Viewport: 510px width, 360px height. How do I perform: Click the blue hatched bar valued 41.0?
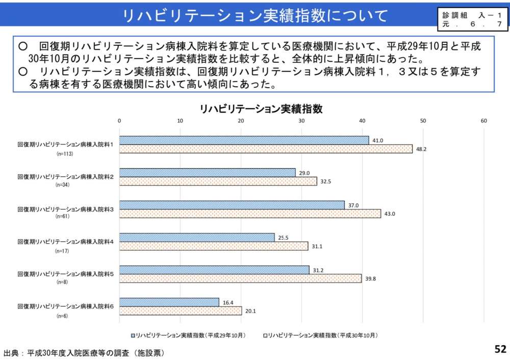[x=244, y=140]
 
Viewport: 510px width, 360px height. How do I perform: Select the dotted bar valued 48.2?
[x=266, y=149]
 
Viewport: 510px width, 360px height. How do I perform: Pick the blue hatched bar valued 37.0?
[x=232, y=205]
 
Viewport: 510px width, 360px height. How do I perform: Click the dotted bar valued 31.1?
[x=214, y=246]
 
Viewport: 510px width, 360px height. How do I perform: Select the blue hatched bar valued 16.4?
[x=169, y=302]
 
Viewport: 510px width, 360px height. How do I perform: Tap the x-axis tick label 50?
[x=423, y=121]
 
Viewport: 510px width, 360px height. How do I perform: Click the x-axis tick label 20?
[x=241, y=121]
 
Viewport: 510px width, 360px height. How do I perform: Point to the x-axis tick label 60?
[x=483, y=121]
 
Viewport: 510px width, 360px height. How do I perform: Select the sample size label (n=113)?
[x=65, y=153]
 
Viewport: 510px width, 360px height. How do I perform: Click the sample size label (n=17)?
[x=63, y=251]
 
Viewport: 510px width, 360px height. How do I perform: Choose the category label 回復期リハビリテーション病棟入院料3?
[x=65, y=210]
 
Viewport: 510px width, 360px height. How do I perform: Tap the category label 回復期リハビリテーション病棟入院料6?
[x=65, y=307]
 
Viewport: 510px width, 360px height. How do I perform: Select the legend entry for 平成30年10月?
[x=320, y=336]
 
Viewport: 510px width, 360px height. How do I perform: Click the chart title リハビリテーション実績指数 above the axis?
[x=261, y=109]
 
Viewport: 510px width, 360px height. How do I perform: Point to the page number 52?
[x=500, y=349]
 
